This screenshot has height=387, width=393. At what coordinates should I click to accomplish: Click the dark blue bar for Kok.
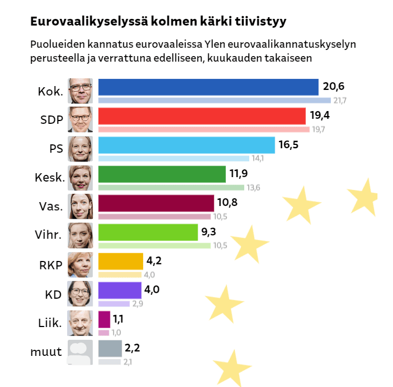[208, 87]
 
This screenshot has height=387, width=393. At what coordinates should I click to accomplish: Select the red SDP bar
[202, 116]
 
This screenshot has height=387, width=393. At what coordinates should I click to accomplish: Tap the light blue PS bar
[187, 145]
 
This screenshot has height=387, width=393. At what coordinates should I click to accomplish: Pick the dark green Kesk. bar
[162, 174]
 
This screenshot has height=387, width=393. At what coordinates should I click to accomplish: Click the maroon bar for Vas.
[156, 203]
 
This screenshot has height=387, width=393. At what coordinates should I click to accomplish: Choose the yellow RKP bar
[120, 261]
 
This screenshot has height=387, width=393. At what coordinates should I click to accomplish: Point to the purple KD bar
[119, 290]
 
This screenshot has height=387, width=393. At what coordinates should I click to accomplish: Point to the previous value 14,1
[258, 158]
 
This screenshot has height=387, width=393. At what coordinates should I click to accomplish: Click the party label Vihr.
[47, 235]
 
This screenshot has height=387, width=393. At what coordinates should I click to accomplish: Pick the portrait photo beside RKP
[79, 264]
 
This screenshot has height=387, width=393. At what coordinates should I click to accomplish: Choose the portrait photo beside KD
[79, 293]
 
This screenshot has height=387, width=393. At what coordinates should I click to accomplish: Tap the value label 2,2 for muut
[132, 348]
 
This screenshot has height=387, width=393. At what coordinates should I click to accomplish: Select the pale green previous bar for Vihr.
[154, 245]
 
